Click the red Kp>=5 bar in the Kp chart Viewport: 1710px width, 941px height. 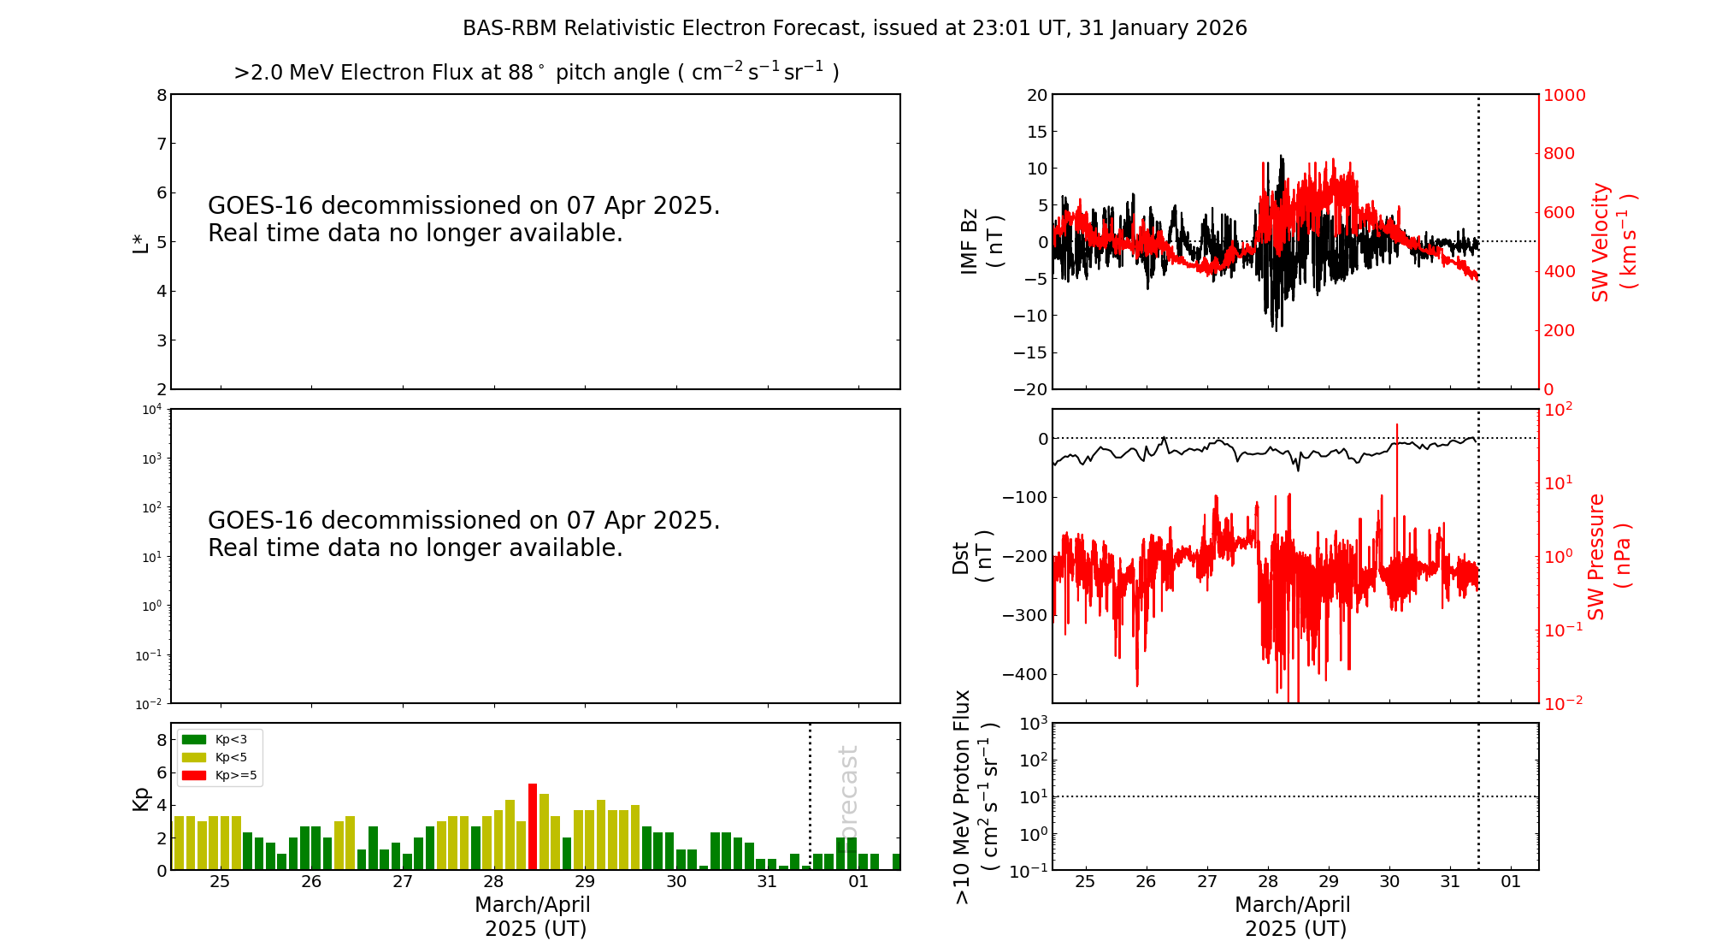pos(533,826)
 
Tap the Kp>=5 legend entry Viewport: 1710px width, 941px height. pos(218,776)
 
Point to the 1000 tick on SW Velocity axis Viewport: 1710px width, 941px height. pos(1564,95)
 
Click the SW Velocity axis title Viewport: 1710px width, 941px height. pos(1613,241)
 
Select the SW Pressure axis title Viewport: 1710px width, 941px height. pos(1608,556)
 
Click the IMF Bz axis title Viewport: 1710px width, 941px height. pos(981,241)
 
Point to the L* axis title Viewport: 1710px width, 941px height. pos(140,241)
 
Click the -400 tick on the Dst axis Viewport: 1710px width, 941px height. pos(1024,674)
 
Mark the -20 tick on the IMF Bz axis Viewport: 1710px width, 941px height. pos(1029,389)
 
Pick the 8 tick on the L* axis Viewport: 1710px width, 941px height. pos(161,95)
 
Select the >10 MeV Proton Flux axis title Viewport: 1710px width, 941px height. pos(976,796)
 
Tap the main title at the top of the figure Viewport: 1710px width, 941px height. pos(855,28)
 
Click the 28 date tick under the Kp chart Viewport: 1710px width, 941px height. pos(493,882)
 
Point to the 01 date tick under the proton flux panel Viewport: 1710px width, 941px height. pos(1511,882)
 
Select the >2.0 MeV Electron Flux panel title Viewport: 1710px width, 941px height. pos(536,72)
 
